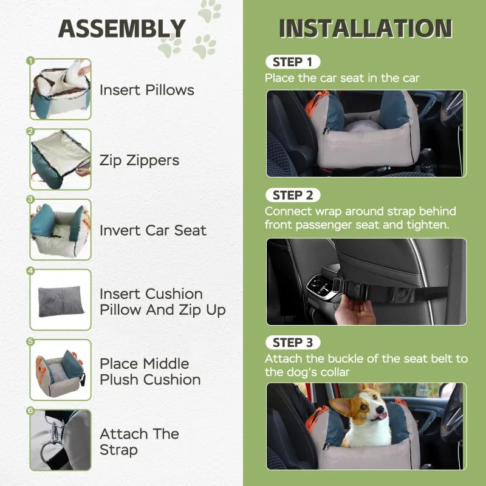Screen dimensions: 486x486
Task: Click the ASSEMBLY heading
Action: [x=122, y=29]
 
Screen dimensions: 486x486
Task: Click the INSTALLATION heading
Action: [x=366, y=29]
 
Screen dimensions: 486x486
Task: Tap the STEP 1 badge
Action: [x=293, y=62]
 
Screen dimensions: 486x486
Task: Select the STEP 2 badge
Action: [x=293, y=195]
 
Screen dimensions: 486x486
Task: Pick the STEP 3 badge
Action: [x=293, y=343]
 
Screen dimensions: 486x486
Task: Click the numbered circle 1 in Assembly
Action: [x=30, y=61]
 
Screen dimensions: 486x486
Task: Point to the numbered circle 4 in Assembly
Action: [x=30, y=271]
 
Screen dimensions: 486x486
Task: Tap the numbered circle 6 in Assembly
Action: [x=30, y=411]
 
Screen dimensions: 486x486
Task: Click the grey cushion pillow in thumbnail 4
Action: [x=61, y=301]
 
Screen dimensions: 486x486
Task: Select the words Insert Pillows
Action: [x=147, y=90]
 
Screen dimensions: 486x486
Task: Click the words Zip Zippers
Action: [x=140, y=161]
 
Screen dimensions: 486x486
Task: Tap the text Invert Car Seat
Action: [x=153, y=230]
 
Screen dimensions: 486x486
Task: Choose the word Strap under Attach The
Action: [x=118, y=450]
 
